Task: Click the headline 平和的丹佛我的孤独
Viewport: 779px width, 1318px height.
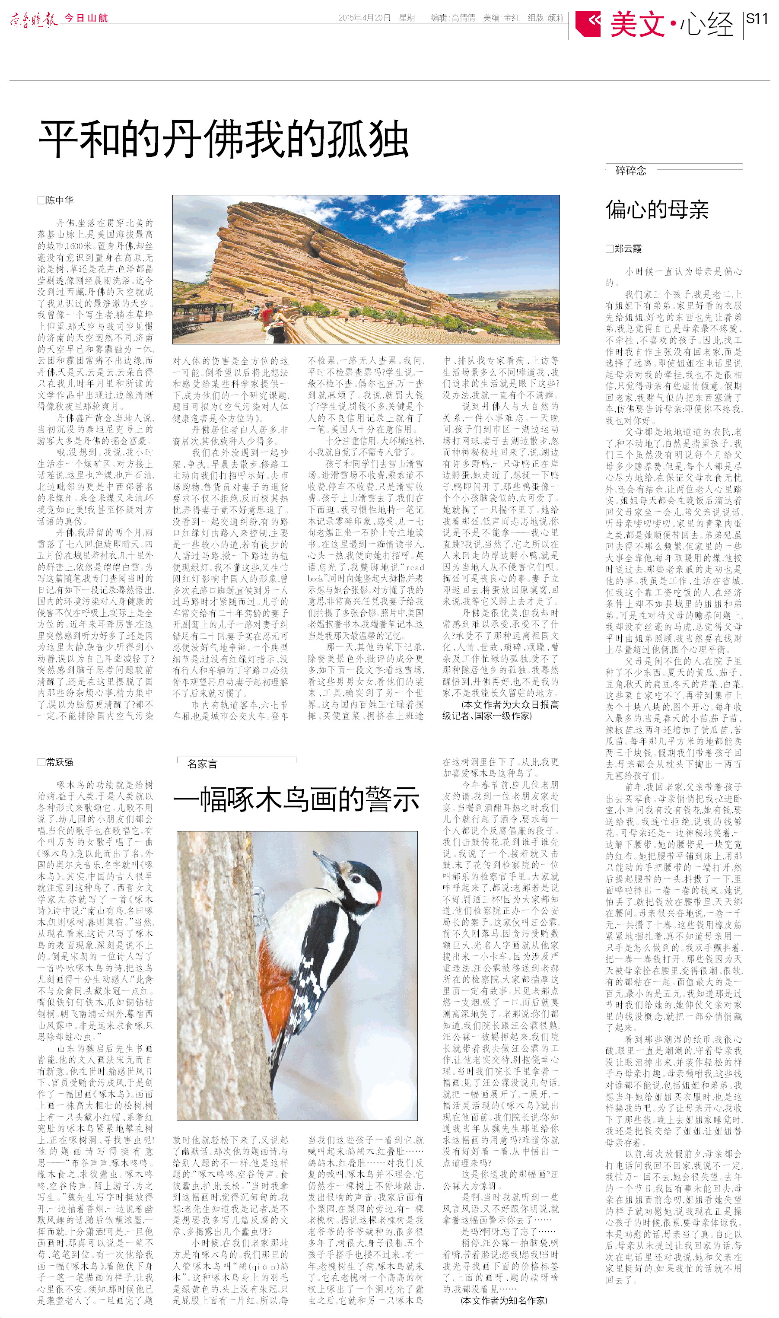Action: point(223,139)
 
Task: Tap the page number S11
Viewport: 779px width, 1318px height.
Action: point(757,19)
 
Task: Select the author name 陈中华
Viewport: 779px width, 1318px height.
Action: point(59,200)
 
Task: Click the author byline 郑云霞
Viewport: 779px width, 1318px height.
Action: point(628,249)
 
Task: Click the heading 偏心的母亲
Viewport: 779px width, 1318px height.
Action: point(657,210)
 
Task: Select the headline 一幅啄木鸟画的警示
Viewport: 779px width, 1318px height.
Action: point(296,799)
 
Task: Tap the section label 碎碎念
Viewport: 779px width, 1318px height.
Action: point(630,171)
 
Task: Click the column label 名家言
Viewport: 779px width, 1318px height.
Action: point(202,764)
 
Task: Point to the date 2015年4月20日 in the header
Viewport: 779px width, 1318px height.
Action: point(364,18)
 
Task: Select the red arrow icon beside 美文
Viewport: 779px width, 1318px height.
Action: point(588,23)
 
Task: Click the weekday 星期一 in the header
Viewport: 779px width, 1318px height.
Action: point(410,18)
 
